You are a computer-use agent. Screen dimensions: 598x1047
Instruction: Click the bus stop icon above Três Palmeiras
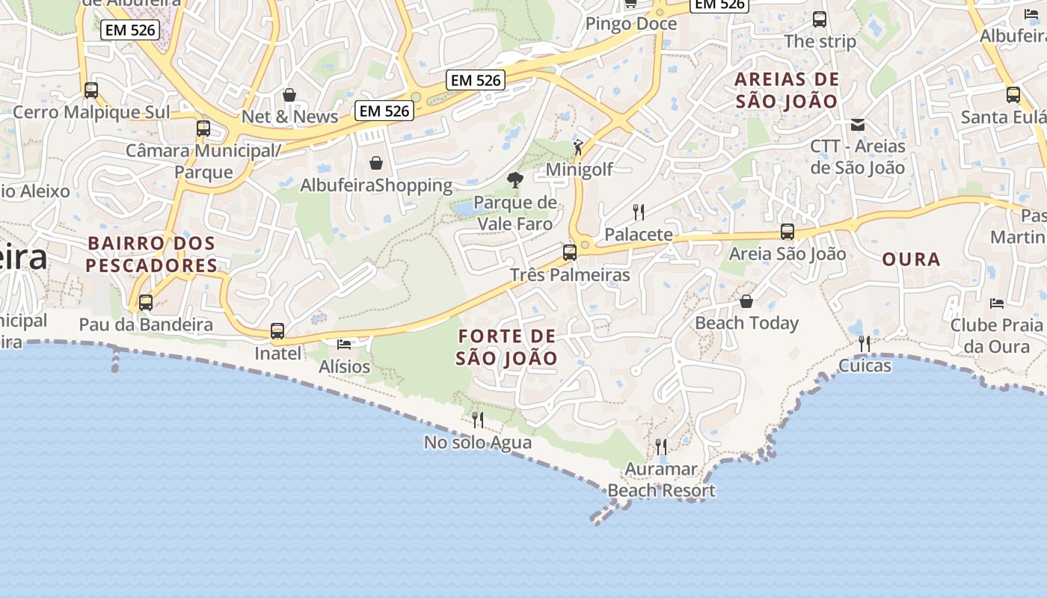point(570,253)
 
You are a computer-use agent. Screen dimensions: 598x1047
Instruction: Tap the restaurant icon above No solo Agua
point(478,420)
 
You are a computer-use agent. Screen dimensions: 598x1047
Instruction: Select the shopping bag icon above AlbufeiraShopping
point(376,162)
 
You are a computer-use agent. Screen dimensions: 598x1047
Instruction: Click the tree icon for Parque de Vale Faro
point(515,179)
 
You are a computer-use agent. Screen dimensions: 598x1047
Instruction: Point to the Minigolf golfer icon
point(578,147)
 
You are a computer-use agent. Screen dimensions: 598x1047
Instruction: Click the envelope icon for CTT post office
point(858,124)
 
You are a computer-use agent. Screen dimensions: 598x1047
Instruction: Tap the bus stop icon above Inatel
point(277,331)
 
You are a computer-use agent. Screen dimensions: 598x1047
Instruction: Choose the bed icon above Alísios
point(344,344)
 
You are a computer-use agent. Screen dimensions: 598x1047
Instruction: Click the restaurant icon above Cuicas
point(865,343)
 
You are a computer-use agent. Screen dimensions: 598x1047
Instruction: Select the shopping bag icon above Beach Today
point(746,301)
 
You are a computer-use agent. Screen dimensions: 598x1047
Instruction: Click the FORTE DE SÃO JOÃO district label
point(507,347)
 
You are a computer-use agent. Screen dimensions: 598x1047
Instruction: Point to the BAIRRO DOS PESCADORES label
point(151,254)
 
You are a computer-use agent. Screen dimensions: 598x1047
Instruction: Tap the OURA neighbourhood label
point(911,259)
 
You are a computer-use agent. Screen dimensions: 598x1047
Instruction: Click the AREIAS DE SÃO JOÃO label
point(787,90)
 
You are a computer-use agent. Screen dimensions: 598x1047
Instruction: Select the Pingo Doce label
point(630,24)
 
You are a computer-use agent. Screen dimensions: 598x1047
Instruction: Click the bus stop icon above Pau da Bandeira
point(146,303)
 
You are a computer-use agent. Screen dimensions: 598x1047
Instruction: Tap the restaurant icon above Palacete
point(639,212)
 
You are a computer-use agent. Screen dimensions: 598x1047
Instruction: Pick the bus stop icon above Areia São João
point(787,232)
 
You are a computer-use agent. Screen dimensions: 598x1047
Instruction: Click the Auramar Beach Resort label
point(661,480)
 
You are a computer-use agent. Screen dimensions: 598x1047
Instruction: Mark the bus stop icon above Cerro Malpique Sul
point(91,90)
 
